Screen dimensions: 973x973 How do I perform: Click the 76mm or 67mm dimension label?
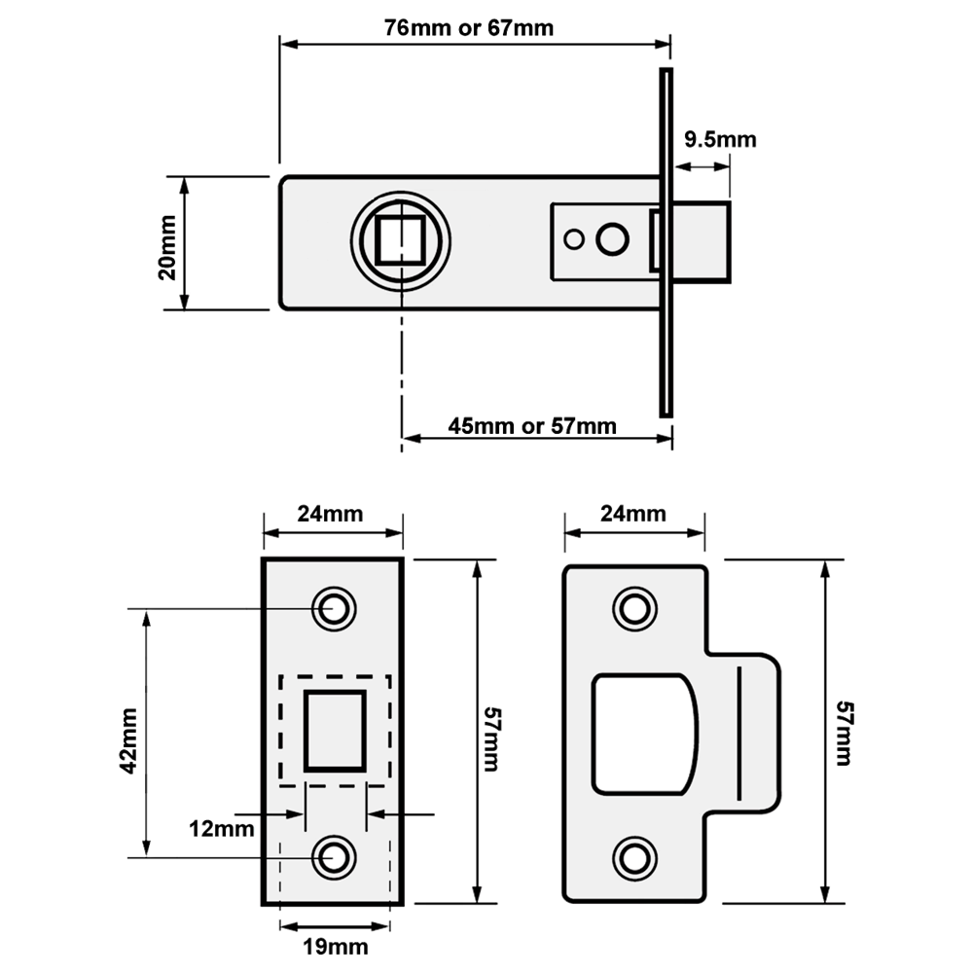tap(469, 28)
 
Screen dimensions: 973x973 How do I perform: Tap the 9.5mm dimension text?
tap(720, 139)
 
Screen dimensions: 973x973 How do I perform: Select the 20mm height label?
tap(167, 247)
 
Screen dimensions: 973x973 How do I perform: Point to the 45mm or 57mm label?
tap(532, 426)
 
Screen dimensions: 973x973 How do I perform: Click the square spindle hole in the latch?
tap(400, 240)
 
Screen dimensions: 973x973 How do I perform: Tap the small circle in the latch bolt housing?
tap(574, 239)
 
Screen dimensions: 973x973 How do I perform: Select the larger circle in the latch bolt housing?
tap(612, 239)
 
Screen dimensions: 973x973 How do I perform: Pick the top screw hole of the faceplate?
tap(334, 608)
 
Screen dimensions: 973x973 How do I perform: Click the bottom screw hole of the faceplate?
tap(334, 857)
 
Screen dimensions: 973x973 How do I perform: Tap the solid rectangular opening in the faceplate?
tap(335, 731)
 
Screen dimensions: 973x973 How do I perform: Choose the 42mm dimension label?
tap(128, 740)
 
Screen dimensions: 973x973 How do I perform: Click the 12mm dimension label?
tap(222, 829)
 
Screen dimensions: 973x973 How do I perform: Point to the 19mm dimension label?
tap(335, 947)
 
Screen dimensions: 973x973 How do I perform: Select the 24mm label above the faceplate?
tap(330, 514)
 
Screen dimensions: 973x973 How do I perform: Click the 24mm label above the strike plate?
tap(633, 514)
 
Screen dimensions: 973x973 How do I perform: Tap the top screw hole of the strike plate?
tap(634, 609)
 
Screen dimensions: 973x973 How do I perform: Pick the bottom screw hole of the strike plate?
tap(634, 859)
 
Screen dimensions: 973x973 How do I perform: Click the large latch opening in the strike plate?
tap(645, 734)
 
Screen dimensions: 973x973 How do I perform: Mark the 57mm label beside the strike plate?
tap(844, 734)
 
